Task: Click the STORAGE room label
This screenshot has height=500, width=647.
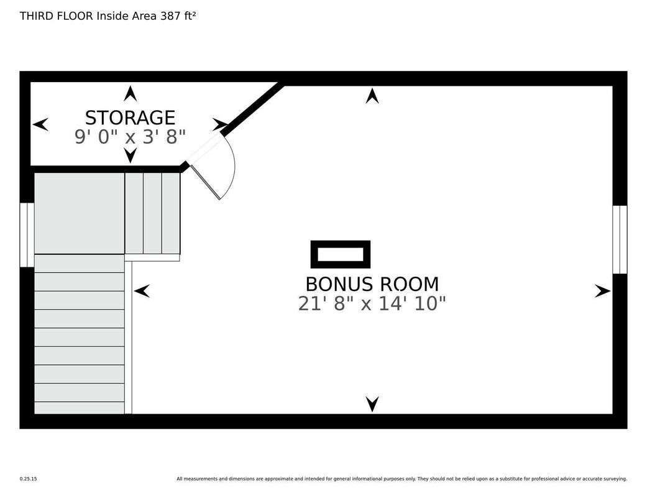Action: pyautogui.click(x=130, y=118)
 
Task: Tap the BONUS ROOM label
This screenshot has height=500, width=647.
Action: pyautogui.click(x=372, y=284)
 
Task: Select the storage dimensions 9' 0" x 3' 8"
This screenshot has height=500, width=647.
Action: pyautogui.click(x=130, y=137)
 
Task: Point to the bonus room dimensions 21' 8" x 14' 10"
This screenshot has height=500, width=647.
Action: pyautogui.click(x=372, y=304)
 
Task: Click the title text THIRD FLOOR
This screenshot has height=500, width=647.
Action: pyautogui.click(x=57, y=16)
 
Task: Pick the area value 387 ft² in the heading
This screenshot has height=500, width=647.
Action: pyautogui.click(x=178, y=16)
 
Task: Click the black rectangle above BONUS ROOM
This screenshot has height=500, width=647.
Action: pyautogui.click(x=341, y=254)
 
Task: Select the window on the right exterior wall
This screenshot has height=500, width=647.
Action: pyautogui.click(x=620, y=239)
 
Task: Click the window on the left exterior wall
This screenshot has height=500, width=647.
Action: pyautogui.click(x=27, y=234)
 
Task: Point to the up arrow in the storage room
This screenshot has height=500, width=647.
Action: pyautogui.click(x=131, y=93)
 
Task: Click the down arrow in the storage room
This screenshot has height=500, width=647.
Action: pyautogui.click(x=131, y=155)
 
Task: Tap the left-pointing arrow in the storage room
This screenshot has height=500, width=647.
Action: pyautogui.click(x=40, y=124)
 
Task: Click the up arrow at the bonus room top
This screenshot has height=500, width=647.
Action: pyautogui.click(x=372, y=96)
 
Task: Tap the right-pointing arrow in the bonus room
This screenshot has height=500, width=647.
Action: pyautogui.click(x=602, y=291)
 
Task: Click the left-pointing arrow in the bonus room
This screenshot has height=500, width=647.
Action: pyautogui.click(x=142, y=291)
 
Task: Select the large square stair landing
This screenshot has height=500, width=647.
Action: pyautogui.click(x=79, y=213)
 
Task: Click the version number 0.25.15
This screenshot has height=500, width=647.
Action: pyautogui.click(x=29, y=479)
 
